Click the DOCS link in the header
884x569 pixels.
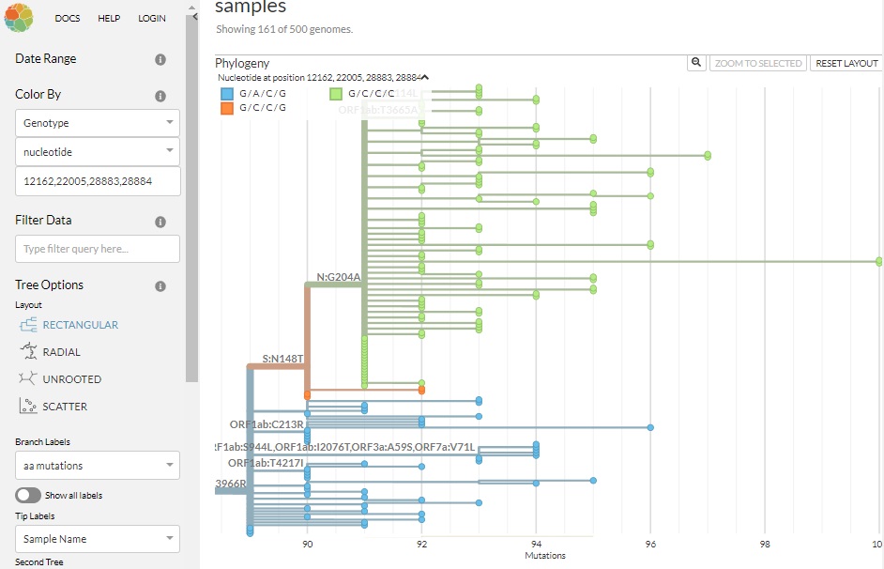pos(67,18)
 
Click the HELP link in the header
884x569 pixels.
pos(109,18)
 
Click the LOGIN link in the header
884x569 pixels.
pos(151,18)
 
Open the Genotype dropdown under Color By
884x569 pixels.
pos(98,123)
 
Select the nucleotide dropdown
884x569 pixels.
pos(98,151)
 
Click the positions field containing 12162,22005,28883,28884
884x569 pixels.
pos(98,181)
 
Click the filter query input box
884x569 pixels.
pos(98,249)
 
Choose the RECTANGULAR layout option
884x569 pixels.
pos(80,325)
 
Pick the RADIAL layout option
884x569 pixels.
pos(61,352)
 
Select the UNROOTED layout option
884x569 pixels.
pos(71,379)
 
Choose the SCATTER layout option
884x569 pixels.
pos(65,407)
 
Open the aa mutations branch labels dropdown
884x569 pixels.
pos(98,466)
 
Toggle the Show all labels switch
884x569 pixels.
pos(28,495)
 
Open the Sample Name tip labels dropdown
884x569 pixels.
pos(98,539)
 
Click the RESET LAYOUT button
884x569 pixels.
pos(846,63)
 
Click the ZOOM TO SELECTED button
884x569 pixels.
pos(758,63)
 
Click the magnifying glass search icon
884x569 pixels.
pos(696,63)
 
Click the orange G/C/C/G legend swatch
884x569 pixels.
pos(227,108)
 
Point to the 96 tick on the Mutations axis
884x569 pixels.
pos(650,544)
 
